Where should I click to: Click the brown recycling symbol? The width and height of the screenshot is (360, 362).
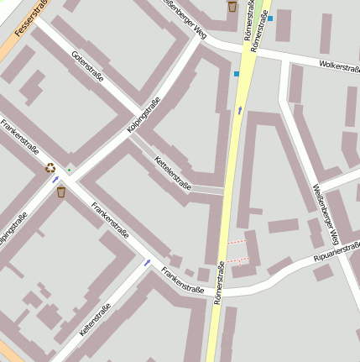(50, 167)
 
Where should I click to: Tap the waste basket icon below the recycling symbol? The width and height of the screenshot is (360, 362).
(61, 192)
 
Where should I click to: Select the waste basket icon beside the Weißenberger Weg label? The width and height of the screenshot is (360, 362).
(232, 7)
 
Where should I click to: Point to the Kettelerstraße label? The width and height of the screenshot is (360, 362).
(174, 174)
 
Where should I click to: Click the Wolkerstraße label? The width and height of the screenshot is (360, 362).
(338, 66)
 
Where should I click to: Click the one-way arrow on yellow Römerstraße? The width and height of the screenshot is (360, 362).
(240, 110)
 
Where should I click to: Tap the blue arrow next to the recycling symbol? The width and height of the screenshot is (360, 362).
(56, 179)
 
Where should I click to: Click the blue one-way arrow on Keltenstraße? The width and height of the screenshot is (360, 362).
(147, 263)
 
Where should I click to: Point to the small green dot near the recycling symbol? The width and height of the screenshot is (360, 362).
(69, 171)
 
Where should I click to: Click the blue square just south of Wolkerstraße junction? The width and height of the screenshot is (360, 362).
(237, 74)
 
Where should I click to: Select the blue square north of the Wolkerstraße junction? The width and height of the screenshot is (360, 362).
(270, 18)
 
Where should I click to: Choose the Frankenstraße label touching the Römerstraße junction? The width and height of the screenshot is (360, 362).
(183, 281)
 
